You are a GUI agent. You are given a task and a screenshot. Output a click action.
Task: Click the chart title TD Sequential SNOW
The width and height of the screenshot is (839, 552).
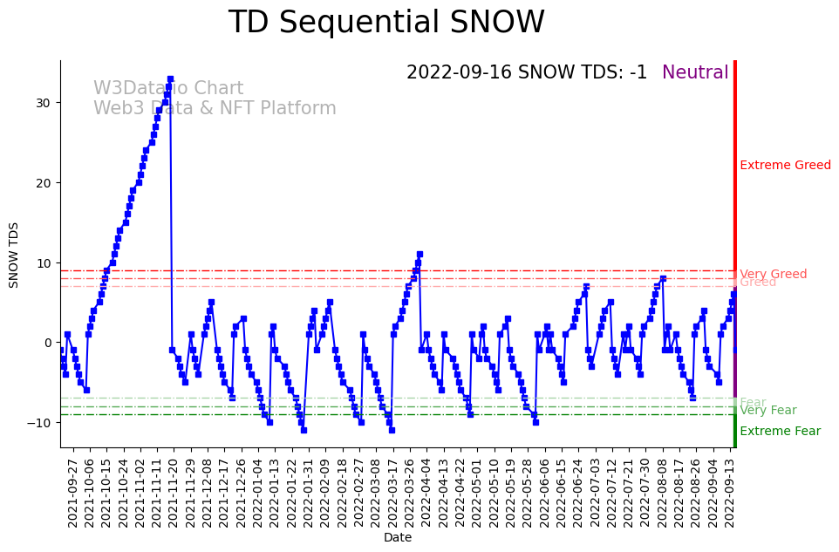click(x=386, y=23)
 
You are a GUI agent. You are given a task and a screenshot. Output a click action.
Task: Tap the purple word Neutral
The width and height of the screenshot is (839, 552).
click(x=695, y=73)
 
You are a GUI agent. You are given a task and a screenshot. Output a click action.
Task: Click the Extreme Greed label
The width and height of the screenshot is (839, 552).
click(x=785, y=166)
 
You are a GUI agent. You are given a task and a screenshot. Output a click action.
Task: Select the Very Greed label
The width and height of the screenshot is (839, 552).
click(x=773, y=274)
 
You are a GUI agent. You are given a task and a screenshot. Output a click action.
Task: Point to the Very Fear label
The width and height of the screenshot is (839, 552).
click(x=767, y=411)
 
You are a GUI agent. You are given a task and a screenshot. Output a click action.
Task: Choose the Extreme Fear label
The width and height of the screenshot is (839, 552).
click(x=780, y=432)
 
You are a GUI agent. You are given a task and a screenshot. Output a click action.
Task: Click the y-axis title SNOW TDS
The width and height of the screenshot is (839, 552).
click(x=14, y=255)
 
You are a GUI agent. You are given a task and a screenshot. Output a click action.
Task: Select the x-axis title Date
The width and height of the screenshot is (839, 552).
click(x=398, y=538)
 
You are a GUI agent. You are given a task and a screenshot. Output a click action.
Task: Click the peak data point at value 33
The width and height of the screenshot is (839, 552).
click(x=170, y=78)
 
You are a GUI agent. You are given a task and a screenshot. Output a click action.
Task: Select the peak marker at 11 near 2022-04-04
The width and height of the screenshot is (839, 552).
click(x=419, y=255)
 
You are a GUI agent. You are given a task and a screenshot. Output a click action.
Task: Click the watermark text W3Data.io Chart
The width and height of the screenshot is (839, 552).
click(x=168, y=89)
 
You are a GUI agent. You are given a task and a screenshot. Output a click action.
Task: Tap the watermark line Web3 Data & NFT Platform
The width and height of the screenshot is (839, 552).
click(x=215, y=109)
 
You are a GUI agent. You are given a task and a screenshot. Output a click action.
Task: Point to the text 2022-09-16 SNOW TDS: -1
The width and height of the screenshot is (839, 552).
click(x=527, y=73)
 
